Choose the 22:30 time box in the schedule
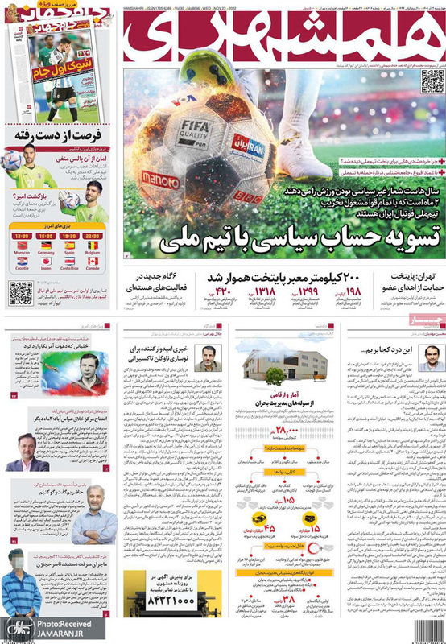tap(93, 235)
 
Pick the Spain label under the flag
tap(69, 252)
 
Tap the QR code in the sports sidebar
tap(21, 293)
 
